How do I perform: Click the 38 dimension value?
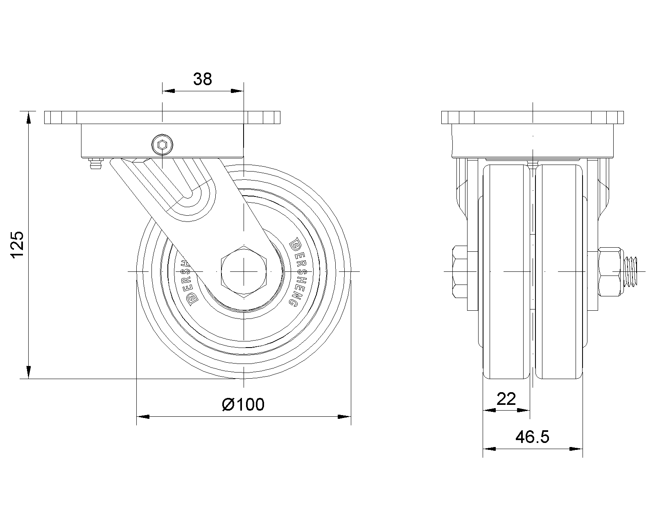(x=202, y=79)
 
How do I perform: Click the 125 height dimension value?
(x=17, y=245)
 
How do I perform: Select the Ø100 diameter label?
(x=243, y=404)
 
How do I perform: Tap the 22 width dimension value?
(x=506, y=399)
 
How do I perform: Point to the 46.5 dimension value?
(x=532, y=437)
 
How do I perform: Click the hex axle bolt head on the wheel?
(x=244, y=271)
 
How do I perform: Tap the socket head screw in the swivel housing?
(x=162, y=145)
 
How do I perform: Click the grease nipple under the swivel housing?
(x=95, y=163)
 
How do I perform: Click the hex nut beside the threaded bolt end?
(x=609, y=271)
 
